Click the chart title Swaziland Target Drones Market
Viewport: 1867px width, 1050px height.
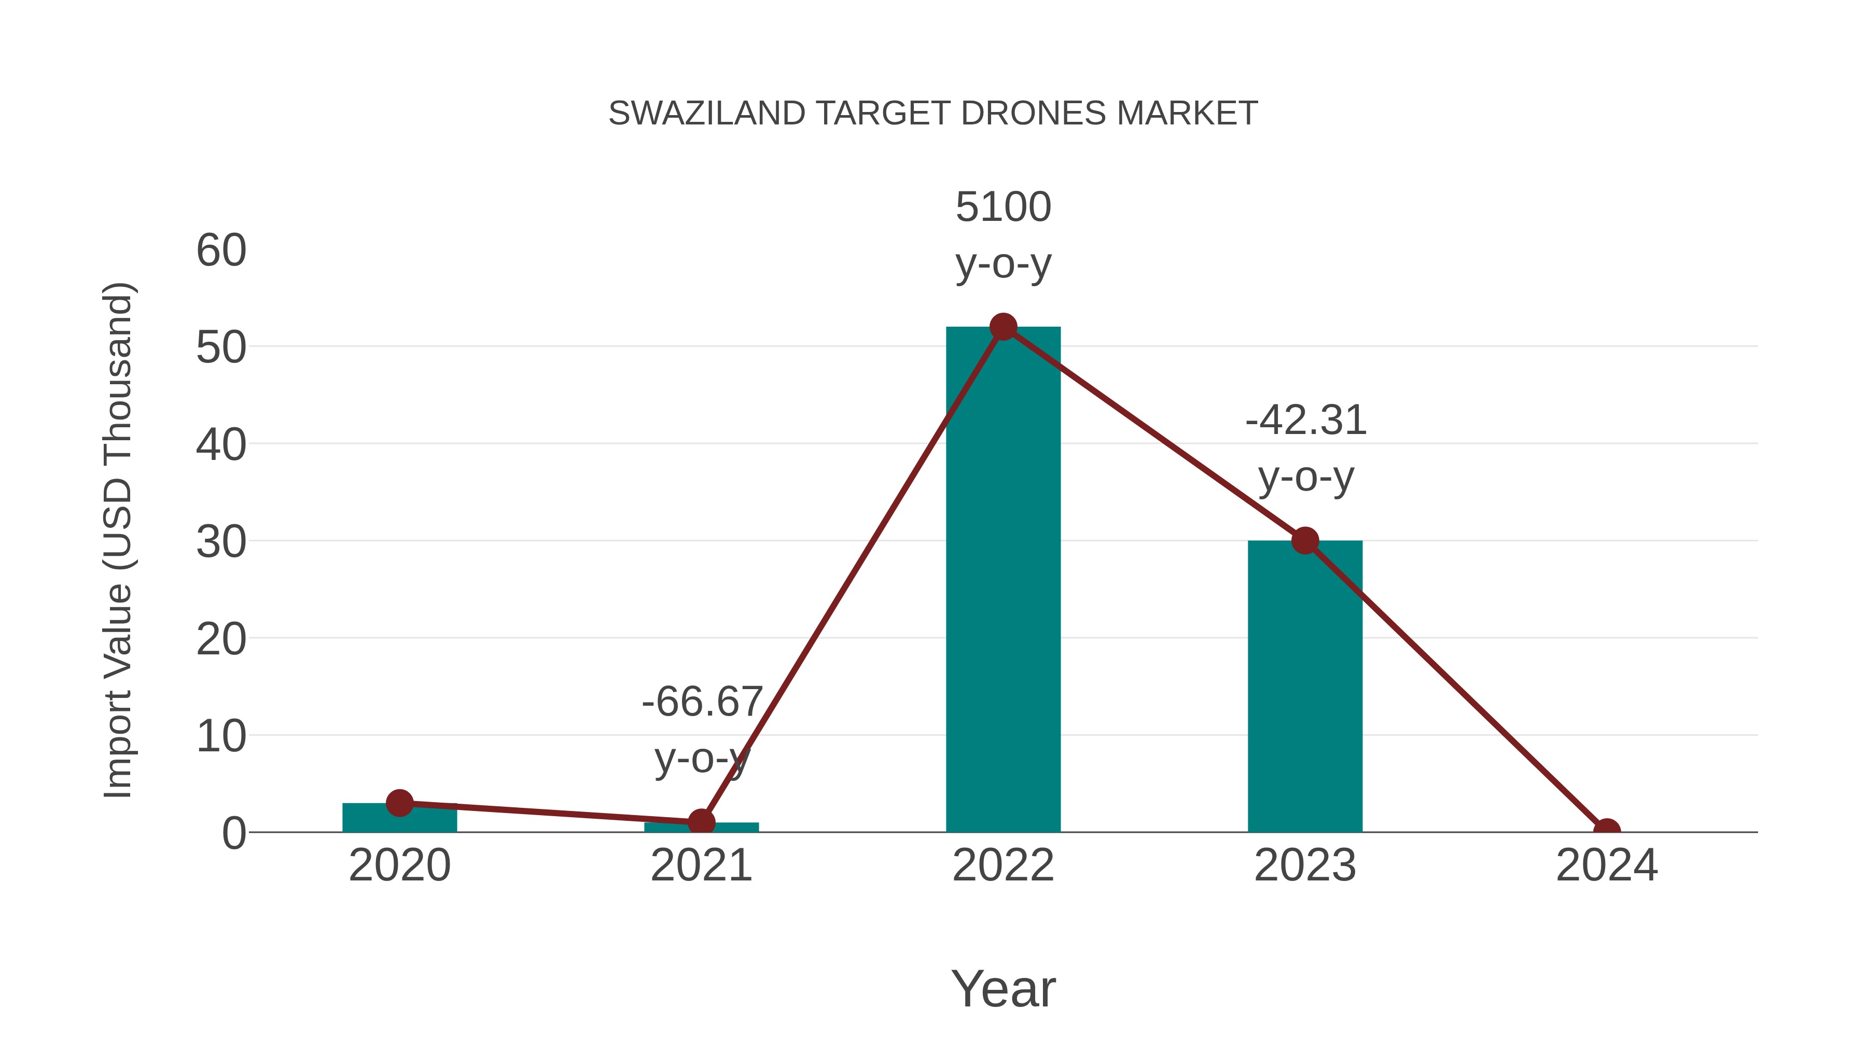pyautogui.click(x=933, y=113)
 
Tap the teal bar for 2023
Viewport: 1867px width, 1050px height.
pyautogui.click(x=1305, y=689)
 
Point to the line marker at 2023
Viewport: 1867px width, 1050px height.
pyautogui.click(x=1305, y=541)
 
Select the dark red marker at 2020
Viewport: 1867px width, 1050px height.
pyautogui.click(x=399, y=802)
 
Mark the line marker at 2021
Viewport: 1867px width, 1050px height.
pyautogui.click(x=701, y=822)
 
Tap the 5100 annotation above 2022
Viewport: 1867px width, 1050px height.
pyautogui.click(x=1003, y=207)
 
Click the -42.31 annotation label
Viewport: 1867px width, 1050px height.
pyautogui.click(x=1305, y=421)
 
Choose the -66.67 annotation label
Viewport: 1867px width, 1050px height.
pyautogui.click(x=702, y=702)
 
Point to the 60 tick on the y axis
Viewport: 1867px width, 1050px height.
pyautogui.click(x=221, y=251)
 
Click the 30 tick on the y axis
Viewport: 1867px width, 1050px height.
pyautogui.click(x=221, y=542)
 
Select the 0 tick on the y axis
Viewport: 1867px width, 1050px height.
pyautogui.click(x=234, y=833)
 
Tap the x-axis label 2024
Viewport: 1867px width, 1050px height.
pyautogui.click(x=1607, y=865)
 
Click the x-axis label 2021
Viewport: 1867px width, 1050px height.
pyautogui.click(x=701, y=865)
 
